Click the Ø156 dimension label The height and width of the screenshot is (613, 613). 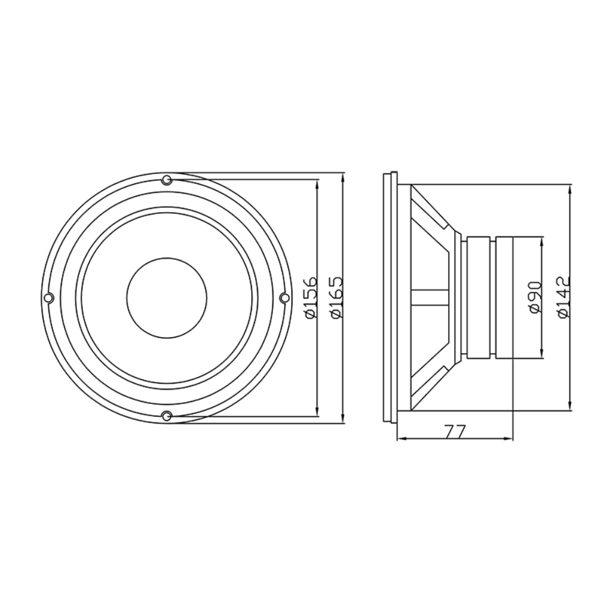pyautogui.click(x=311, y=297)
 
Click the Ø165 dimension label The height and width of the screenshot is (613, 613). pyautogui.click(x=336, y=297)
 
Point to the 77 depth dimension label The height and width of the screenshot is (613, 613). pyautogui.click(x=455, y=432)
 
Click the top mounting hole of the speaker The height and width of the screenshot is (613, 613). pyautogui.click(x=167, y=180)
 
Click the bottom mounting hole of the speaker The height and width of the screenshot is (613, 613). pyautogui.click(x=167, y=416)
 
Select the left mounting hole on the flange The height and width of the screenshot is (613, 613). pyautogui.click(x=48, y=298)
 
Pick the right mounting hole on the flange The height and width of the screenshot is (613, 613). pyautogui.click(x=284, y=298)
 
